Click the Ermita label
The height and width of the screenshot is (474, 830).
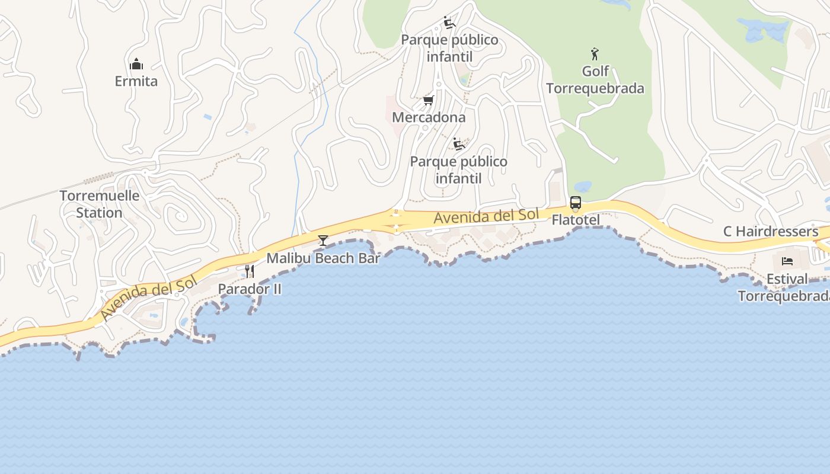136,81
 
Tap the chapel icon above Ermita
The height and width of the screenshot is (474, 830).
136,63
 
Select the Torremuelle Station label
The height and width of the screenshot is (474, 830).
100,204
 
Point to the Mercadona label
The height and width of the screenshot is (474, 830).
429,117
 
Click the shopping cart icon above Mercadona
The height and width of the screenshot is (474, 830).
429,100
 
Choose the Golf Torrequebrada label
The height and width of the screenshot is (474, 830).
595,79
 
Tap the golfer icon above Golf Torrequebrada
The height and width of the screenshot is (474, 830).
595,54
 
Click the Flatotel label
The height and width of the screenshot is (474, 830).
576,220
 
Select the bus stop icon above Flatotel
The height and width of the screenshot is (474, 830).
576,203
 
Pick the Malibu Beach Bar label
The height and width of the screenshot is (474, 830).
323,258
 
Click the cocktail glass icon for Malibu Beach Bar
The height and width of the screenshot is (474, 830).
323,240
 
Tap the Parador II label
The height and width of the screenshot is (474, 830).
250,289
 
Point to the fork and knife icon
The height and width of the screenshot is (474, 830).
250,271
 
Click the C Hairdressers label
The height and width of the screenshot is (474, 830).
771,231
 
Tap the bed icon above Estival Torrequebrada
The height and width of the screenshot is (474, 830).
787,261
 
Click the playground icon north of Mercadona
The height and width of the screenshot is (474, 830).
449,23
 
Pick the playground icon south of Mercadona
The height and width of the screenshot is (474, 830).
458,144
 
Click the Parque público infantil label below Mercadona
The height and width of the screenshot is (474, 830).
458,169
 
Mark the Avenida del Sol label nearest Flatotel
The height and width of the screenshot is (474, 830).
486,216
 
